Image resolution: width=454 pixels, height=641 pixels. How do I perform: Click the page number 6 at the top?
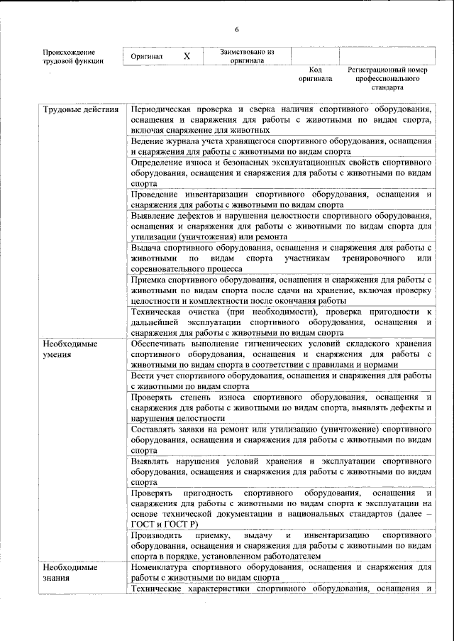pos(237,28)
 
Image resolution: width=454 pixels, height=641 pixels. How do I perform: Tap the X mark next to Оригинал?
pos(186,55)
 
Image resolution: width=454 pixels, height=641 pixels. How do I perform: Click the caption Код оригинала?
pos(315,75)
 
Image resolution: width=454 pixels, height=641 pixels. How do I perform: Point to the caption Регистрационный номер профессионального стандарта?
pos(387,80)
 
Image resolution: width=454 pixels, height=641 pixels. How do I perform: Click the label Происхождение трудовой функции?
pos(69,57)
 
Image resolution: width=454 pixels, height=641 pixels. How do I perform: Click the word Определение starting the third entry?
pos(162,163)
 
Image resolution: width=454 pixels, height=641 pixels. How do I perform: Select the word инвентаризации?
pos(220,195)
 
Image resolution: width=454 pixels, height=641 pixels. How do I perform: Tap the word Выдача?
pos(145,248)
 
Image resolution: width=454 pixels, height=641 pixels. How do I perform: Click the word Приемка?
pos(149,280)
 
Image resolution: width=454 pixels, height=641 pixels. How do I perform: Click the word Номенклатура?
pos(164,568)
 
